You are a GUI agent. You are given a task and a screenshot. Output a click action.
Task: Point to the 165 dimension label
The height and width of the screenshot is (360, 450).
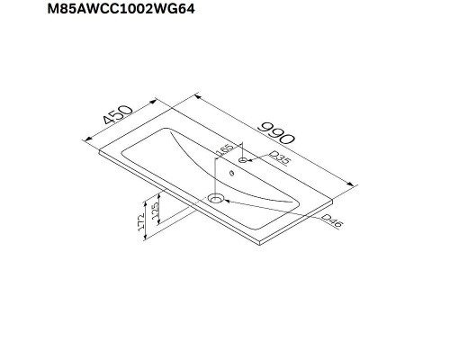226,149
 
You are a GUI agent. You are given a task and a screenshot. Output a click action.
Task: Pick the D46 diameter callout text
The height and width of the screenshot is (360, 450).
331,222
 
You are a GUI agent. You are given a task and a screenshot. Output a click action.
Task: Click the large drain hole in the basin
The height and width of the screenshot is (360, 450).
216,196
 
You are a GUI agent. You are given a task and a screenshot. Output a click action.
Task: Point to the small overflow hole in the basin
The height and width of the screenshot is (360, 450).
230,175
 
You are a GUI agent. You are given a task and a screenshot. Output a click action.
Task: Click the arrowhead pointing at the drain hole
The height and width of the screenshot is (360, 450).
227,199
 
